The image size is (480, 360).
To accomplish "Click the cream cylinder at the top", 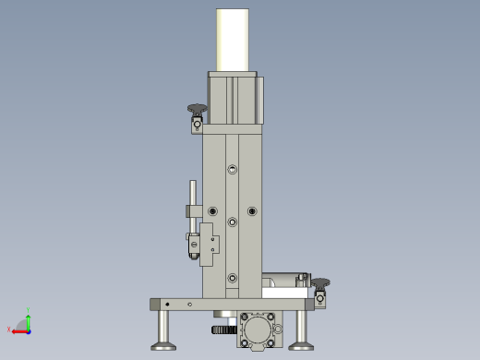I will click(x=234, y=40).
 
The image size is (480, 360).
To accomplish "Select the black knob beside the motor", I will click(x=196, y=111).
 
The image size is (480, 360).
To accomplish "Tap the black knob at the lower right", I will click(x=319, y=282).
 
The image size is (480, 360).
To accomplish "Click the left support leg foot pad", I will click(x=163, y=345).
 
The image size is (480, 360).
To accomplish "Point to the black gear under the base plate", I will click(x=222, y=329).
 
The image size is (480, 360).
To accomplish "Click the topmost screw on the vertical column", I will click(x=232, y=169).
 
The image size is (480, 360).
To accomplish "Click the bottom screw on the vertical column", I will click(x=232, y=277).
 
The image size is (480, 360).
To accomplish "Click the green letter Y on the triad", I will click(x=29, y=311).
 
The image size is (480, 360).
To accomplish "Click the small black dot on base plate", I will click(x=167, y=304).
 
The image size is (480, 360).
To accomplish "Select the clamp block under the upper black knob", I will click(x=197, y=126).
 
